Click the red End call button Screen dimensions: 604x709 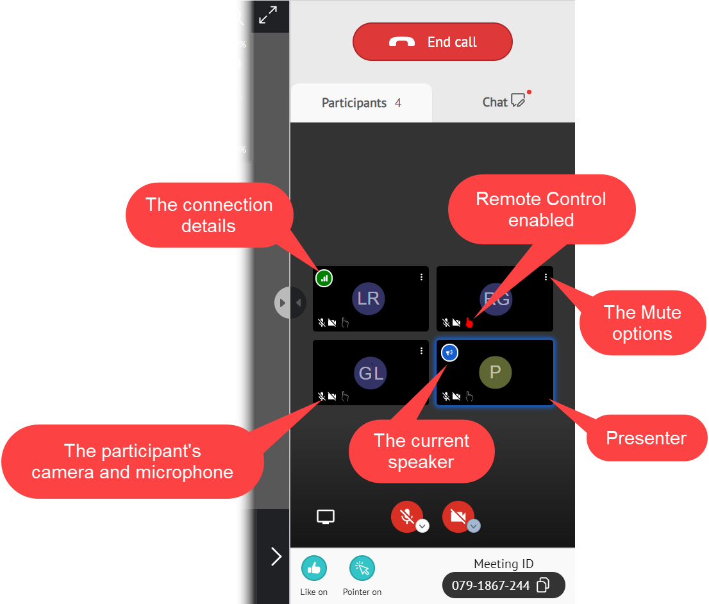[x=433, y=42]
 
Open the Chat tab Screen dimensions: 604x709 [x=504, y=102]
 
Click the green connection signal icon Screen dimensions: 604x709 [x=324, y=278]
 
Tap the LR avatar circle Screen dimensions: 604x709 [x=369, y=299]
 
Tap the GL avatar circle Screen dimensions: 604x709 [x=371, y=373]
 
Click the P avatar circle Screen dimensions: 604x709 [x=496, y=373]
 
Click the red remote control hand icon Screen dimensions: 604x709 [x=469, y=323]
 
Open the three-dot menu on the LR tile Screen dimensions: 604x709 [x=421, y=277]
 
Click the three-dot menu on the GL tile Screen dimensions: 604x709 [x=421, y=351]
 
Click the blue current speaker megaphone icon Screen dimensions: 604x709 [x=450, y=352]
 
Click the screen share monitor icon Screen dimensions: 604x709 [x=326, y=517]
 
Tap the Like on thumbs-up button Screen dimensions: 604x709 [x=314, y=568]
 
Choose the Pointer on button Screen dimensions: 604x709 [x=362, y=568]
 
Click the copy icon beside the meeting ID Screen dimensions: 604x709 [x=543, y=585]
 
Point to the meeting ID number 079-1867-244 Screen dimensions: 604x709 [x=490, y=585]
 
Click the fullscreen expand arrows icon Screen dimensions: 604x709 [x=268, y=15]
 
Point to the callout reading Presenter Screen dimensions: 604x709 [x=646, y=439]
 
